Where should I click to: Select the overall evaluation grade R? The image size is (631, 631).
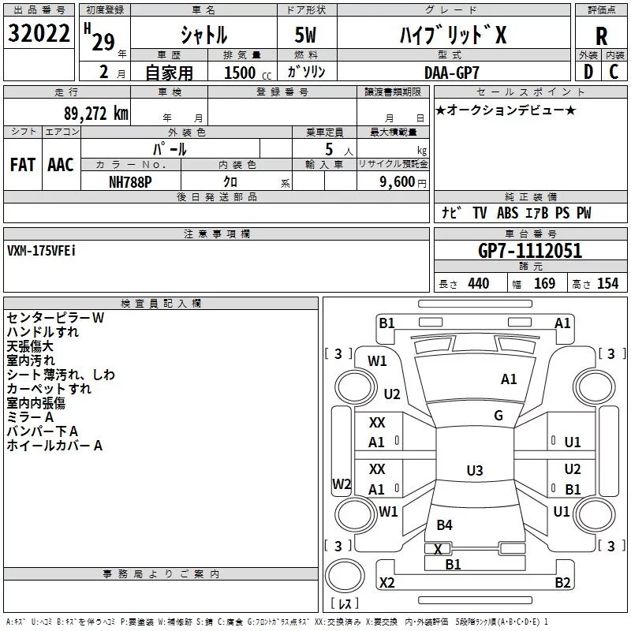click(x=601, y=36)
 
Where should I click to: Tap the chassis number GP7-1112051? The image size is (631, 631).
click(x=530, y=251)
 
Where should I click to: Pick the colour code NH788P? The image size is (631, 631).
click(x=131, y=181)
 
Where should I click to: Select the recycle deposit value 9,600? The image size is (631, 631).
click(x=396, y=181)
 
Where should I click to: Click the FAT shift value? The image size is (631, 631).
click(x=23, y=165)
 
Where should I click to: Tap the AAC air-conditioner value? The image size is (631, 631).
click(x=61, y=165)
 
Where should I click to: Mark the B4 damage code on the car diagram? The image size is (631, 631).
click(x=445, y=525)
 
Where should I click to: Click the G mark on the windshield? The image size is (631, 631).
click(x=498, y=416)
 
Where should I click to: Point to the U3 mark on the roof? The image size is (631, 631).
click(x=474, y=471)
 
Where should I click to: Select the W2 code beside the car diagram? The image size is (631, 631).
click(x=341, y=484)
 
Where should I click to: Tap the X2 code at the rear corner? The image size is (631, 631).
click(x=386, y=582)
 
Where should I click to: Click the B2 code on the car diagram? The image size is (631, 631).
click(x=562, y=582)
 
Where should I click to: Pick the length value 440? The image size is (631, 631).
click(x=478, y=284)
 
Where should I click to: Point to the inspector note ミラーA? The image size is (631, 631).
click(x=30, y=416)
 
